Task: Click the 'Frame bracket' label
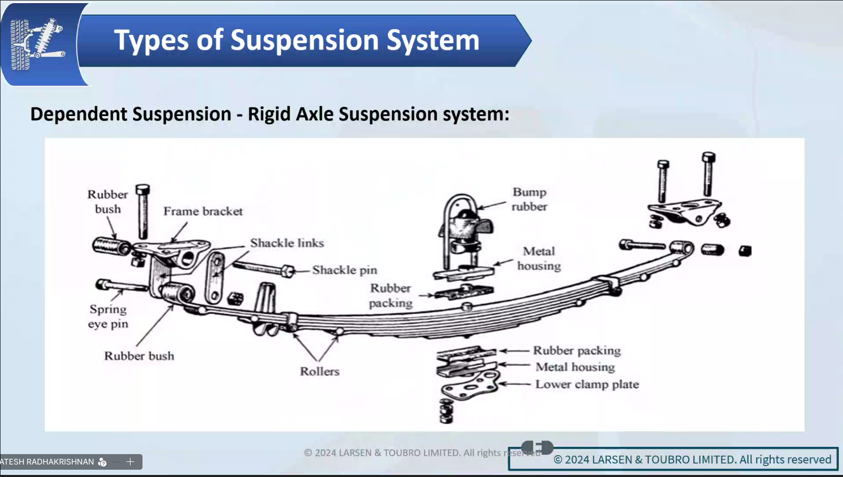pos(203,211)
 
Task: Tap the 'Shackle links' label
pos(287,243)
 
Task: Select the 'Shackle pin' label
pos(344,270)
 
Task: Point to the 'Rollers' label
pos(319,371)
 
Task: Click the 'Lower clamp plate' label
pos(587,384)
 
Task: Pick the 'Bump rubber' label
pos(529,199)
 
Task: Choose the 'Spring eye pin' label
pos(108,316)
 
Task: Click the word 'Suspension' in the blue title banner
pos(304,40)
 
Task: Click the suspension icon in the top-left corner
pos(37,44)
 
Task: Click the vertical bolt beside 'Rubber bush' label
pos(143,211)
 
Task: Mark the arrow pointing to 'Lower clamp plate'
pos(514,384)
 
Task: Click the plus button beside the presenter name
pos(131,461)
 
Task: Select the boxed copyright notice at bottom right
pos(673,459)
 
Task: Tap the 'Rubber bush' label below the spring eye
pos(139,356)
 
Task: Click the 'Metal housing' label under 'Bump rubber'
pos(539,259)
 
